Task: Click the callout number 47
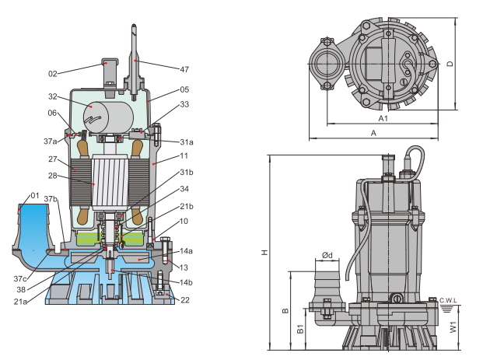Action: [184, 70]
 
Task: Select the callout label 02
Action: [53, 74]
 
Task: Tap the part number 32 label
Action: [53, 96]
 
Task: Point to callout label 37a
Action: [51, 142]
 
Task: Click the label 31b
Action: [187, 173]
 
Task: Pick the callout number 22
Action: [185, 300]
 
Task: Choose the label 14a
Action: [186, 251]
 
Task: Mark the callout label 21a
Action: [20, 302]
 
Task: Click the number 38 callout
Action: [21, 290]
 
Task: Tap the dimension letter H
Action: [264, 253]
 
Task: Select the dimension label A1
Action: [383, 118]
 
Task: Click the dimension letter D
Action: [450, 64]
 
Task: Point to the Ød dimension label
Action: [327, 255]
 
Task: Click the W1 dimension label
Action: [453, 327]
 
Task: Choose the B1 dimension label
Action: [300, 329]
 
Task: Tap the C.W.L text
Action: [448, 301]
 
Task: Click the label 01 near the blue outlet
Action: [35, 196]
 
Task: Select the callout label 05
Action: [184, 89]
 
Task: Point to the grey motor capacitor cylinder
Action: [108, 117]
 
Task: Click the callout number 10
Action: [184, 221]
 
